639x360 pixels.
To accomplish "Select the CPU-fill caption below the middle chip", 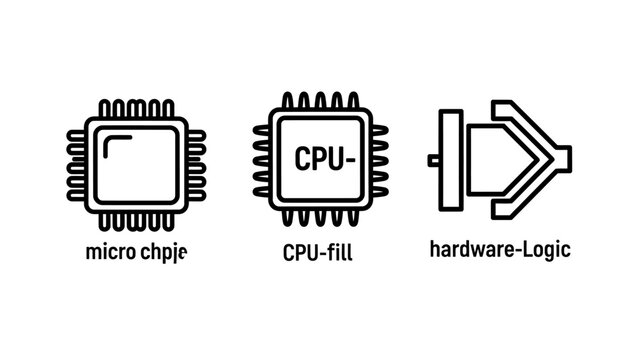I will point(318,251).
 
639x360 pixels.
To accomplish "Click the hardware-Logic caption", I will point(499,249).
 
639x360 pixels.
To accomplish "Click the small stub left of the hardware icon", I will point(434,160).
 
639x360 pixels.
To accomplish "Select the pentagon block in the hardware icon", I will point(494,160).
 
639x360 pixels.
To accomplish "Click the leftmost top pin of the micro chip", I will point(105,109).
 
